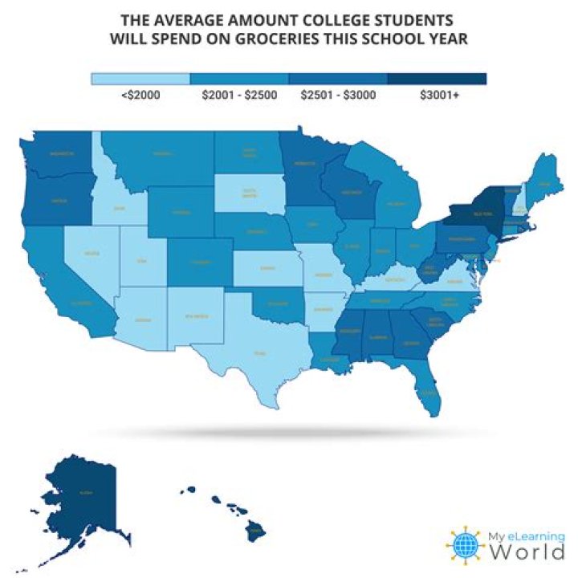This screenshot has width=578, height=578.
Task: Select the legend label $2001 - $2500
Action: [238, 95]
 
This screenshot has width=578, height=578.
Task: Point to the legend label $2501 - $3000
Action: [337, 95]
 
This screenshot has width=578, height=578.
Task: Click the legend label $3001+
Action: [437, 95]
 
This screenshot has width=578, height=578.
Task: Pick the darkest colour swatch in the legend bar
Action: [437, 79]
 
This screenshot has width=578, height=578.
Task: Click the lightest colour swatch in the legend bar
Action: [140, 79]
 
